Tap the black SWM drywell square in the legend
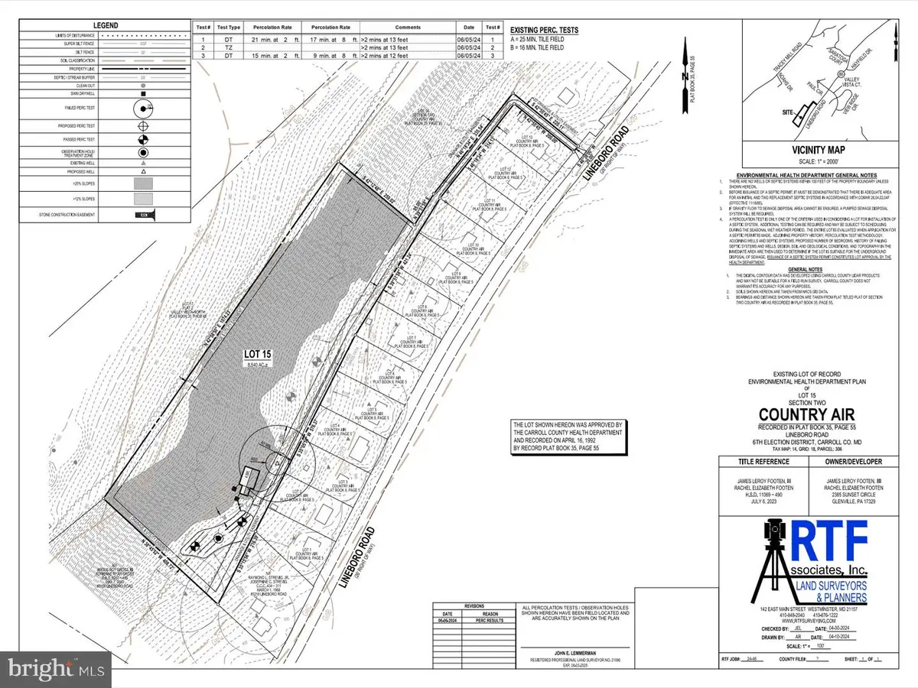pos(143,95)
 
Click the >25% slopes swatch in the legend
pos(143,184)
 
